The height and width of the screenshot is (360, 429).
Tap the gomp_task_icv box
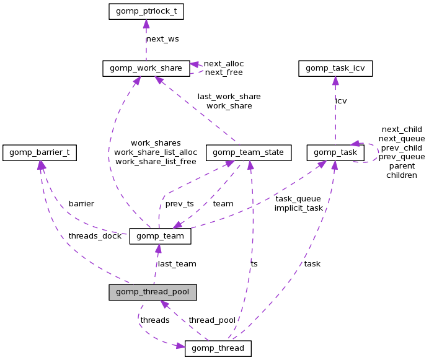(x=335, y=68)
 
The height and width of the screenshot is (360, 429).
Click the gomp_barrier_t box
(x=40, y=152)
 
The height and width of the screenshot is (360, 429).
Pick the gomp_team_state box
(x=248, y=152)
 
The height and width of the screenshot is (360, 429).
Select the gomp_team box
(x=160, y=237)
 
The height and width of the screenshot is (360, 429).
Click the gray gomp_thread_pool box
(x=153, y=292)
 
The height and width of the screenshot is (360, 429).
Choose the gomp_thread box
(x=218, y=349)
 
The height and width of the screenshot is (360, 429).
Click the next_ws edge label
(x=162, y=39)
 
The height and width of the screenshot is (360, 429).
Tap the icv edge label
(x=341, y=100)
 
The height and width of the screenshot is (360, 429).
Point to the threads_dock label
(x=95, y=236)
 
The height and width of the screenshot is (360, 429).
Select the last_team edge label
(x=177, y=264)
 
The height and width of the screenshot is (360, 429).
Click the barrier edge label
(x=81, y=203)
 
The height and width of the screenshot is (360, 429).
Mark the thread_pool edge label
(x=212, y=320)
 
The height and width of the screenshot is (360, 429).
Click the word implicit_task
(x=299, y=208)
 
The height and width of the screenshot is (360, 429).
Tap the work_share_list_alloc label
(x=156, y=152)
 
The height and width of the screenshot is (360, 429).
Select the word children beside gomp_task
(x=402, y=175)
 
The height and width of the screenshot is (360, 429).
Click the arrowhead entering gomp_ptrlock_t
(x=146, y=23)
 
